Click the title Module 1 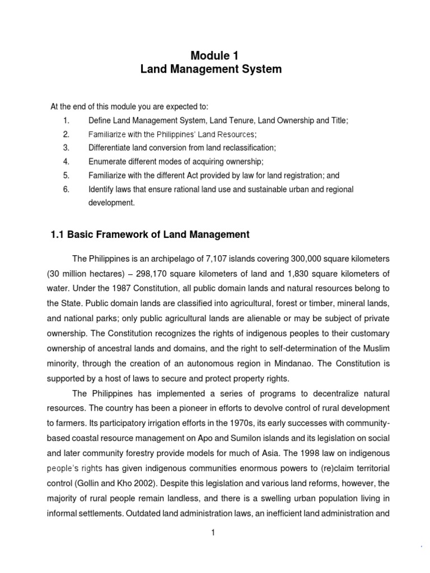coord(214,55)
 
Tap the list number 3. coord(66,148)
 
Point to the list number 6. coord(66,189)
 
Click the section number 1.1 coord(58,234)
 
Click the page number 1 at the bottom coord(213,532)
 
